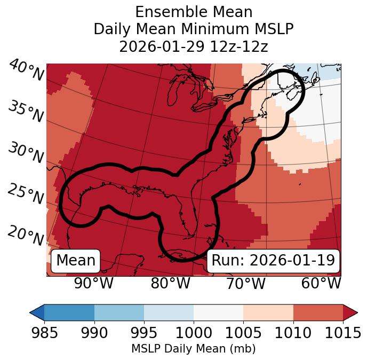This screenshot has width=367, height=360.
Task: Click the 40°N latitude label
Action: coord(26,71)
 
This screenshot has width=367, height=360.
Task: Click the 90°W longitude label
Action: coord(94,283)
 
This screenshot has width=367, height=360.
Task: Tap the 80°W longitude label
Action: coord(170,283)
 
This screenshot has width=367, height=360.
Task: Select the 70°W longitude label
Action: coord(245,283)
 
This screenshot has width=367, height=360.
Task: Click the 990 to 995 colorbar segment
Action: coord(119,312)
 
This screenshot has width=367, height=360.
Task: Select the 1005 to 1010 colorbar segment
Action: coord(268,312)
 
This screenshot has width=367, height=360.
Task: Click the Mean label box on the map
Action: coord(76,261)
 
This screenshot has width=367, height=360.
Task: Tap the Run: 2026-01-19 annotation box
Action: coord(273,261)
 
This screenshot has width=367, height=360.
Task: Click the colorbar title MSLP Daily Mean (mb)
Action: coord(194,349)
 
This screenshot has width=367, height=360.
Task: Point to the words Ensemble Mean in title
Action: coord(194,12)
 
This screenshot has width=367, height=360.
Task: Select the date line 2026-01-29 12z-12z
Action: coord(194,46)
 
